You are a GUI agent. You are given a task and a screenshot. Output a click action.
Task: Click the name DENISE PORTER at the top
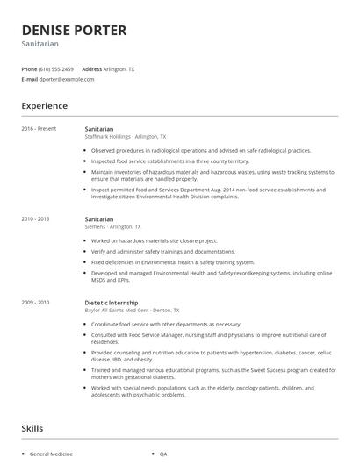tap(74, 30)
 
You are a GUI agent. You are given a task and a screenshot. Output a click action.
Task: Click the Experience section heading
tap(44, 106)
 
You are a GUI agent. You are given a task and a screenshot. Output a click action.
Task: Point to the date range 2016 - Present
tap(39, 129)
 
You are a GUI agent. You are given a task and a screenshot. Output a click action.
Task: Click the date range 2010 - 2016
tap(36, 218)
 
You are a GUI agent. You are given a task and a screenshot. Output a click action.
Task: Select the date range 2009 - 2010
tap(36, 302)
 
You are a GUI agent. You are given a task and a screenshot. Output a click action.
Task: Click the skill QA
tap(163, 454)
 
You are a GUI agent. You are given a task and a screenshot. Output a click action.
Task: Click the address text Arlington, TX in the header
tap(119, 68)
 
